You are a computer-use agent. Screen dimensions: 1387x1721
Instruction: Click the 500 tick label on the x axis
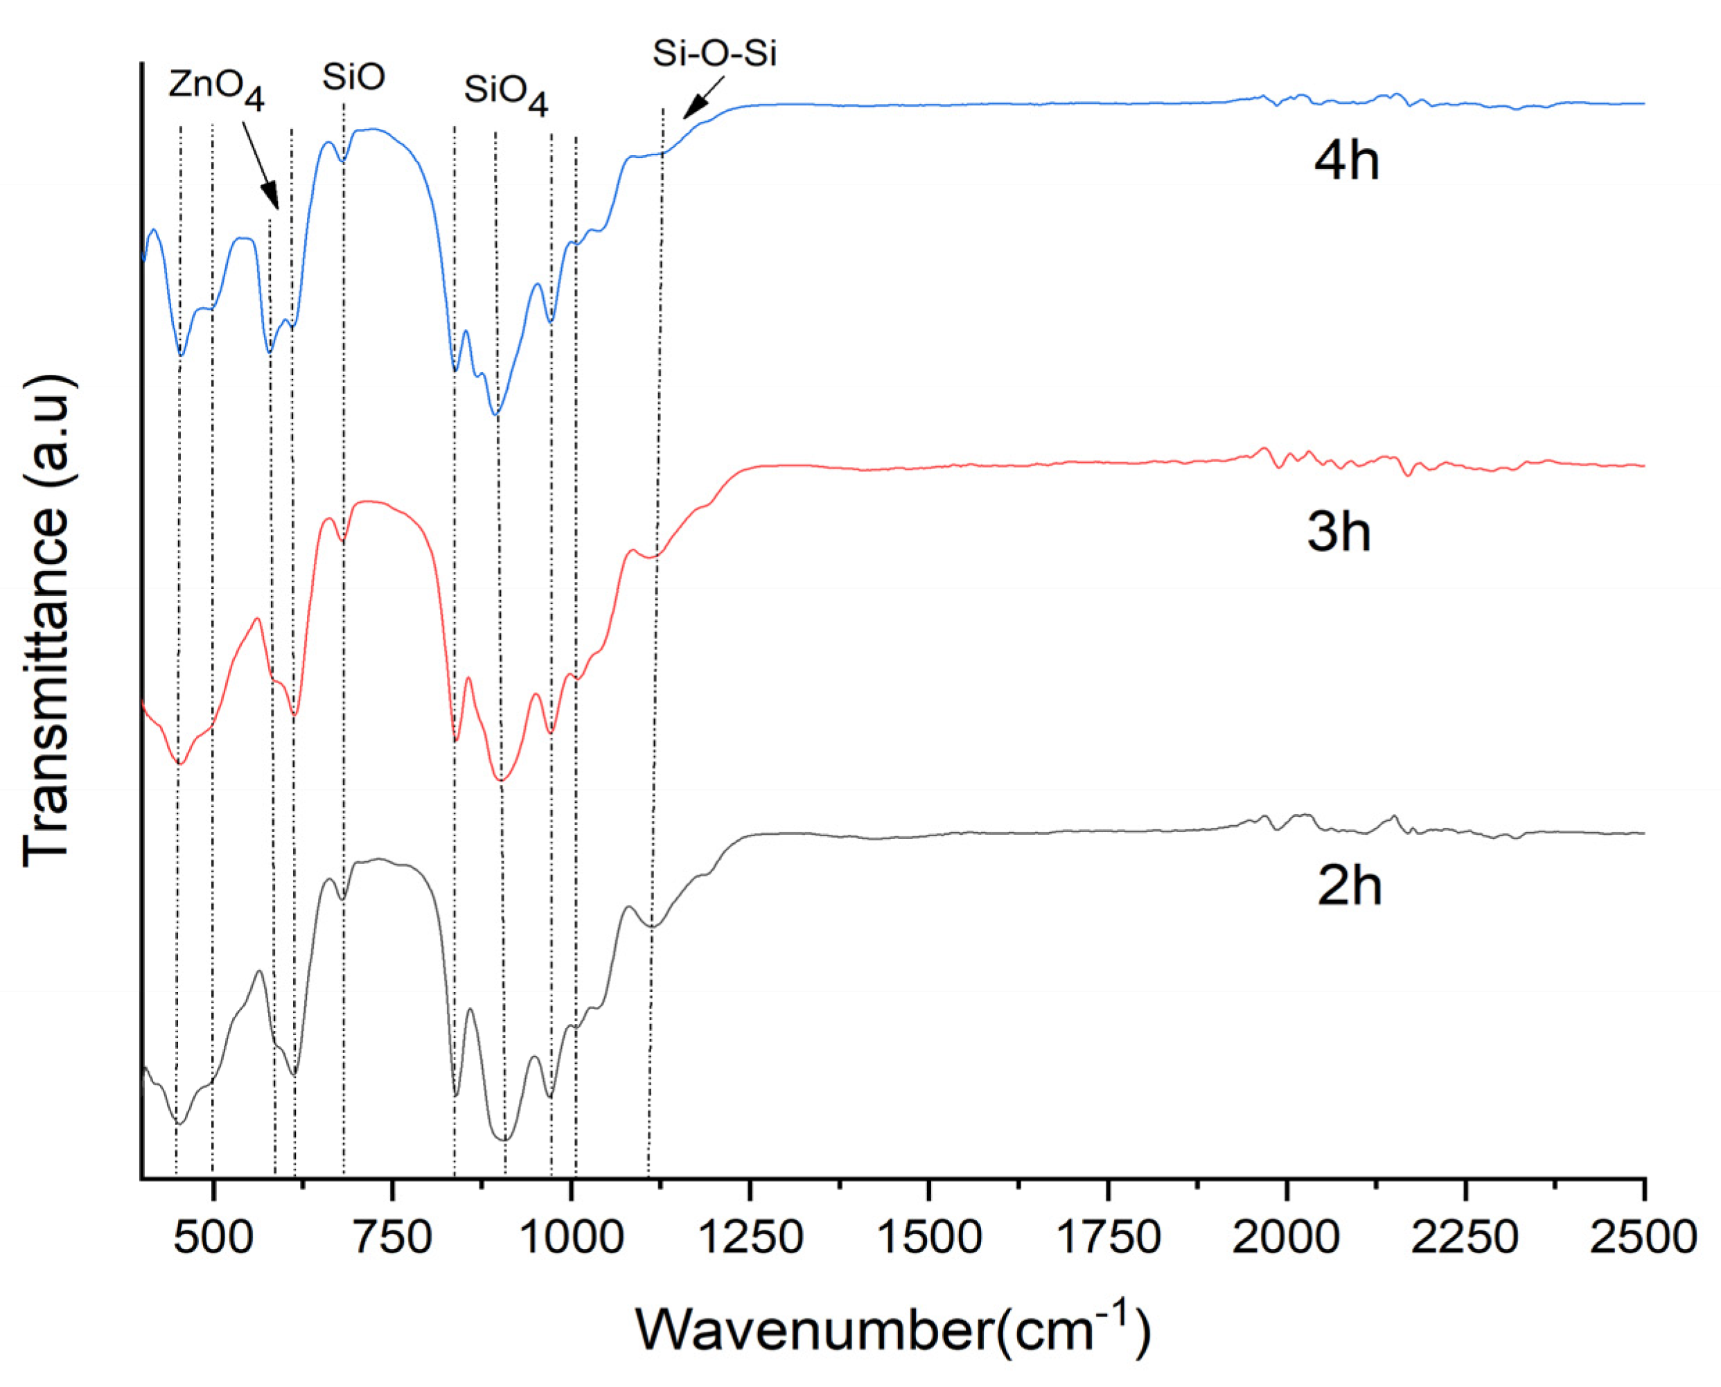point(213,1237)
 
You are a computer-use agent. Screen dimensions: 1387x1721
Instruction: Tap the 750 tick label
point(391,1237)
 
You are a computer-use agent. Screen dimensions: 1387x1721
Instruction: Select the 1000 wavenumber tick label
point(570,1237)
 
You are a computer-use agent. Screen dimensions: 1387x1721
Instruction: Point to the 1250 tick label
point(750,1237)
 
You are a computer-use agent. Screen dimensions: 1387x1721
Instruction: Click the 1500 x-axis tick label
point(928,1237)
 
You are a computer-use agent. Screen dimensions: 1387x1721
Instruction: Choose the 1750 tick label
point(1108,1237)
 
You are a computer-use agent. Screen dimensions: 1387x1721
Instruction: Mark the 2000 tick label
point(1287,1237)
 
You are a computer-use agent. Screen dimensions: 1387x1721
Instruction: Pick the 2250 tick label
point(1466,1237)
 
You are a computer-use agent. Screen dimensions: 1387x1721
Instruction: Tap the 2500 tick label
point(1643,1237)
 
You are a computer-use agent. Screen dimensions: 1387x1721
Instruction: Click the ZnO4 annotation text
point(215,88)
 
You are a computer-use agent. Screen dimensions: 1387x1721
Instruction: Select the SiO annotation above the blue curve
point(353,78)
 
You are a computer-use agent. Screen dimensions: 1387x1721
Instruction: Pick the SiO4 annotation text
point(506,94)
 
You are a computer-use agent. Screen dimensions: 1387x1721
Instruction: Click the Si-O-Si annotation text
point(714,53)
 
